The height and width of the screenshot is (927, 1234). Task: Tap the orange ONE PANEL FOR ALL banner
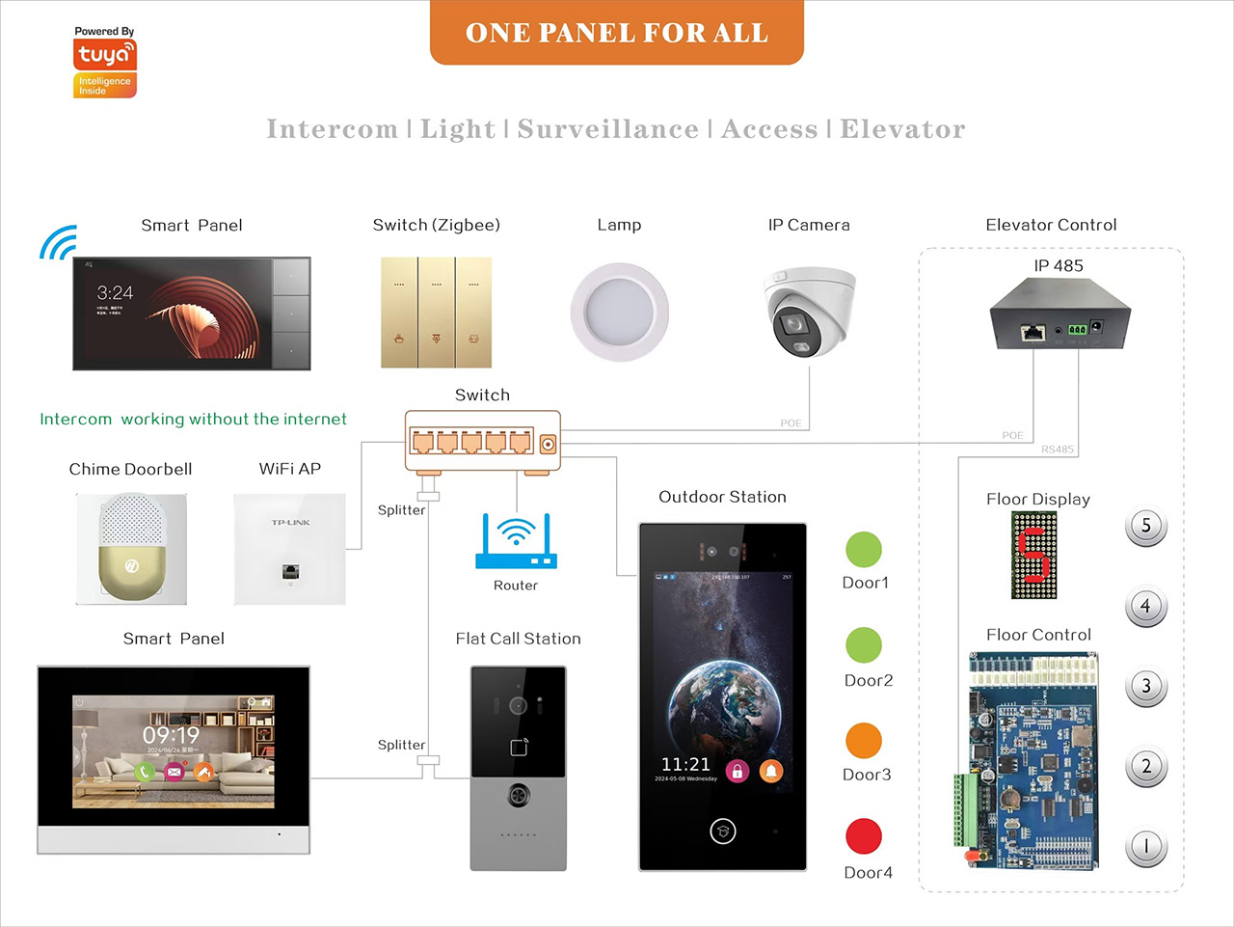click(617, 33)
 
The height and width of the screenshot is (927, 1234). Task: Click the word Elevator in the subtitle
click(902, 129)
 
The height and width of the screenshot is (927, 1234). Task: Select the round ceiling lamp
click(619, 312)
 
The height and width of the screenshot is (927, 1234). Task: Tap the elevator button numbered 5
click(1146, 527)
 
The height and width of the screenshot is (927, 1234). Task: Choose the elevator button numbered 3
click(1146, 687)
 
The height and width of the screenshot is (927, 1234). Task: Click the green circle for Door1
click(864, 550)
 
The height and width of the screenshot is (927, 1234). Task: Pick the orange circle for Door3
click(864, 741)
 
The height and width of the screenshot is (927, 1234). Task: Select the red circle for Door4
click(864, 836)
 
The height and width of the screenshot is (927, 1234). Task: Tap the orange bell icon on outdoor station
click(771, 771)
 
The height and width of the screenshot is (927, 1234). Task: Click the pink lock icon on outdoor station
click(738, 771)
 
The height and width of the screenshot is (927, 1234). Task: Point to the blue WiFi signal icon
click(58, 243)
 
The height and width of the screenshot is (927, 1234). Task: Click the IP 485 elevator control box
click(1059, 314)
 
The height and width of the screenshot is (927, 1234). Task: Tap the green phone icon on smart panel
click(145, 771)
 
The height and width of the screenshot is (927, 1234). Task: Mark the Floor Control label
click(1038, 635)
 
